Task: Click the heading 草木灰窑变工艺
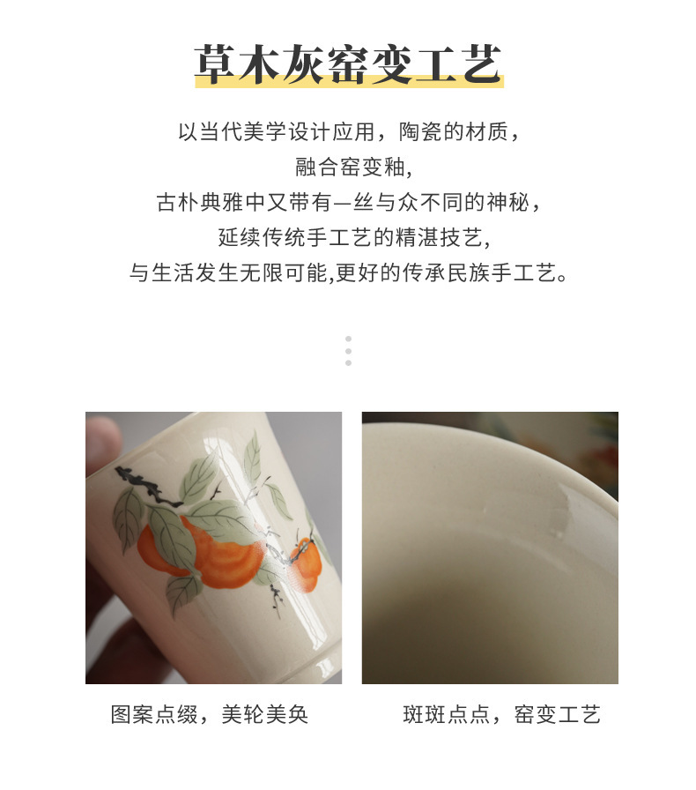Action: [349, 64]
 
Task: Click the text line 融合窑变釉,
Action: [353, 168]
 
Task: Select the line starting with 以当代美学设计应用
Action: [349, 132]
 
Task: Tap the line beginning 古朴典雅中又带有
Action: [349, 203]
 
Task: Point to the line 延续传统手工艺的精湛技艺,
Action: [353, 237]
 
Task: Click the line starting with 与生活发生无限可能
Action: [349, 272]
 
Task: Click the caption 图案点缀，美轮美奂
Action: [210, 714]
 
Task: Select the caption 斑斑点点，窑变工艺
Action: [501, 714]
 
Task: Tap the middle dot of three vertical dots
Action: [349, 351]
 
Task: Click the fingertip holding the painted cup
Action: [102, 439]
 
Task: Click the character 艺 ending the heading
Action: [483, 64]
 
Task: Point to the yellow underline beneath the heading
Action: [350, 81]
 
